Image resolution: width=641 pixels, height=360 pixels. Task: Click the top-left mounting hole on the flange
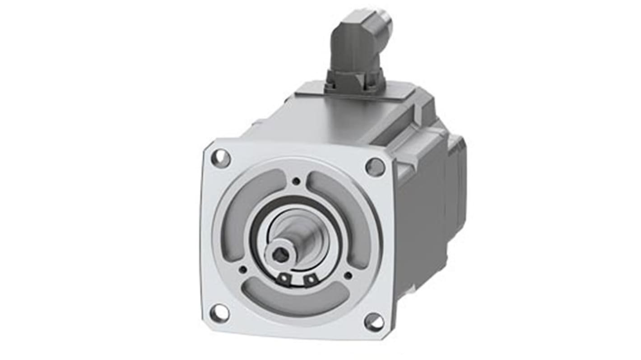(x=221, y=159)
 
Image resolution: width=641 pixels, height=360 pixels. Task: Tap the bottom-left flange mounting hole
(x=219, y=313)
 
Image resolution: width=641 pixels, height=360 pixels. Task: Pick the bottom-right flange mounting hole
(x=374, y=322)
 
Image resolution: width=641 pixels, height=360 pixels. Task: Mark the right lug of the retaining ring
(x=310, y=281)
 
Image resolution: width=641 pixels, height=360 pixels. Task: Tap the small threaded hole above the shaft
(x=296, y=181)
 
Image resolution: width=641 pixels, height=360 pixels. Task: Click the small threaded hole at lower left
(x=243, y=269)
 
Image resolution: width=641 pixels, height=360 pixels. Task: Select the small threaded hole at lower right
(x=348, y=275)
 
